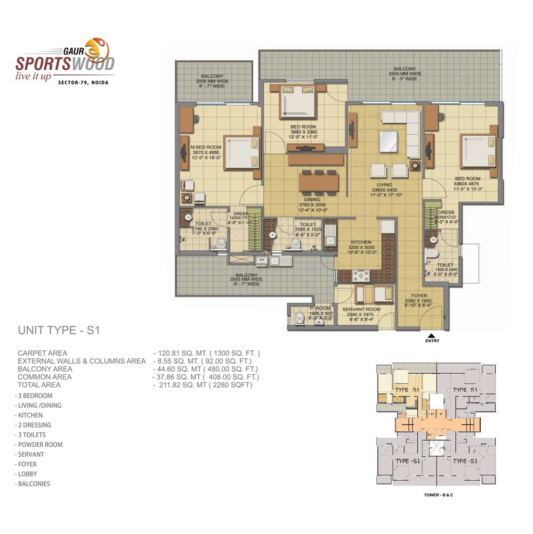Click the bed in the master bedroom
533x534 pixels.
pos(242,153)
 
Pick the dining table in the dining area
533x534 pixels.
pos(319,182)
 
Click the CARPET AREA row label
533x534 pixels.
pos(43,353)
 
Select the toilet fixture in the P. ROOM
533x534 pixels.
pos(298,319)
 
